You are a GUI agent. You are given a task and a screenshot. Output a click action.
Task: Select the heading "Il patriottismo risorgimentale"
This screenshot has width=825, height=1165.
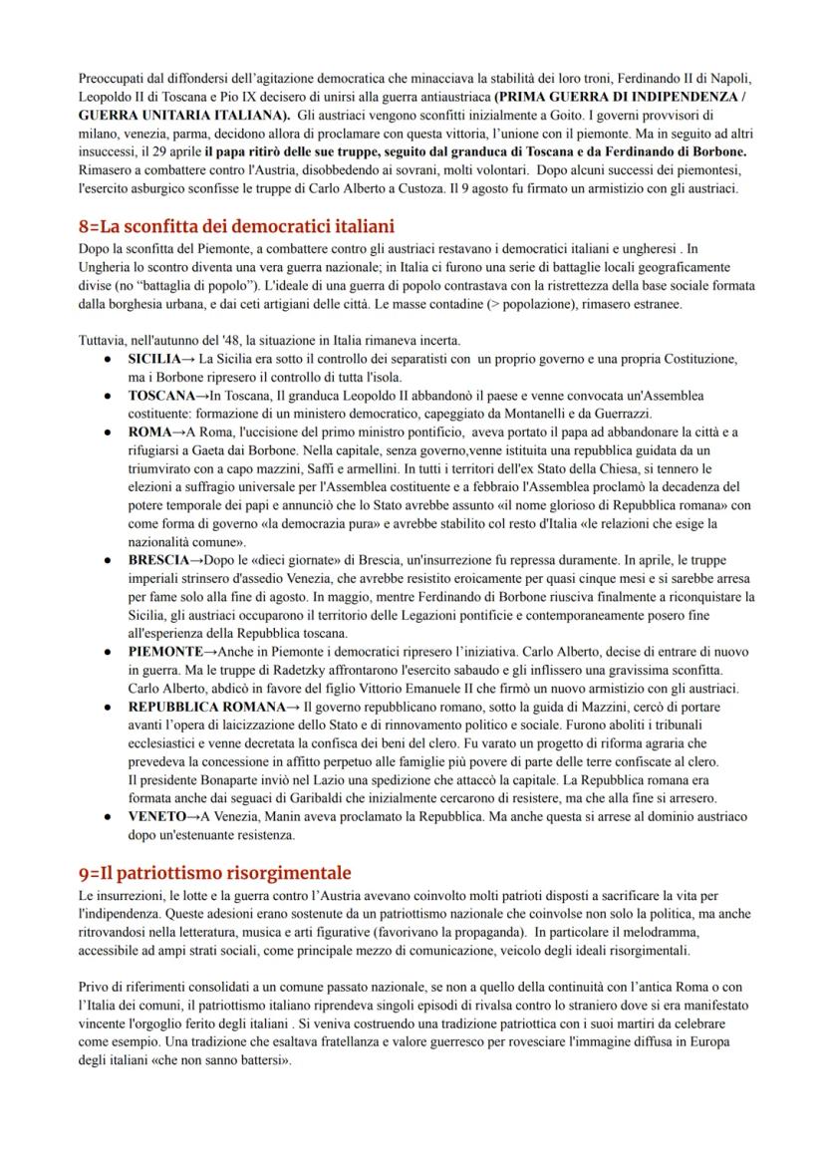pos(215,872)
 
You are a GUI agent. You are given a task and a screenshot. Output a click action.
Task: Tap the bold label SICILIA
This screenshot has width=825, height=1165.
pos(159,358)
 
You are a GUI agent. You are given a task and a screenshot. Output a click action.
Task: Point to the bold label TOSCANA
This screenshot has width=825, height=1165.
pos(164,396)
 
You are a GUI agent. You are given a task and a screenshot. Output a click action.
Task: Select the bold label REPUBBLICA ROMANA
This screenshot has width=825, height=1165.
pos(205,706)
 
